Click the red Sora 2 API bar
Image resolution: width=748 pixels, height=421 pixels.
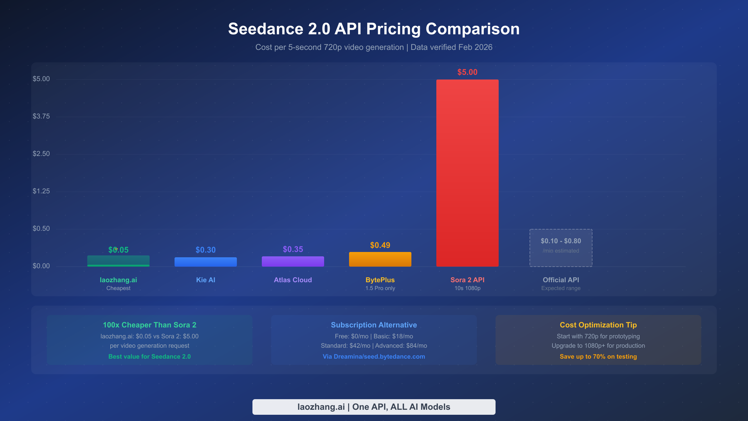pos(467,173)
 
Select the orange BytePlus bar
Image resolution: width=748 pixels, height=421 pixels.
pos(380,259)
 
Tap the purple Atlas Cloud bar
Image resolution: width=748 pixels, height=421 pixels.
pos(293,261)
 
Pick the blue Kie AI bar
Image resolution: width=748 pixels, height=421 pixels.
pos(205,262)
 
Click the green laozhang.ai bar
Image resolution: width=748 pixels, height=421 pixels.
pos(118,261)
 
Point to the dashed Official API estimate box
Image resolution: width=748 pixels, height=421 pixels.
pos(561,248)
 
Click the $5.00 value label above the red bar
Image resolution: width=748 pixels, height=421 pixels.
pos(467,72)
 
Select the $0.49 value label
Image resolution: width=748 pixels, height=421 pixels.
pos(380,245)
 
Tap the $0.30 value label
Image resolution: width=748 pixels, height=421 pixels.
pos(205,250)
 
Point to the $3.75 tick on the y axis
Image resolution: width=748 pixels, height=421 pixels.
pos(41,116)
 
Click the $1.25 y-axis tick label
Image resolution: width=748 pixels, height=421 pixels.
pos(41,191)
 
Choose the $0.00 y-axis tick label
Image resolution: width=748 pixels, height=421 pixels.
pos(41,266)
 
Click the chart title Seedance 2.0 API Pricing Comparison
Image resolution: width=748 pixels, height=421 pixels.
pos(374,29)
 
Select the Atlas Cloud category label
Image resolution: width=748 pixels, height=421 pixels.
pos(293,280)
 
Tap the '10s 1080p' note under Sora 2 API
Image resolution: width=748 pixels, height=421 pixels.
pos(467,288)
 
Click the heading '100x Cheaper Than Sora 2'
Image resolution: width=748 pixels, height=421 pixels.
pos(149,325)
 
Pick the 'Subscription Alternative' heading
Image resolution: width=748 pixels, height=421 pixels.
pos(374,325)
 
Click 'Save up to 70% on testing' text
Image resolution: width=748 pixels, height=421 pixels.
pos(598,356)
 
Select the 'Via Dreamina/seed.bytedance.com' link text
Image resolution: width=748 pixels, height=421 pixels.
pos(374,356)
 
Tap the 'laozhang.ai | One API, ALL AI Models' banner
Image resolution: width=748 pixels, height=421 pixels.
pos(374,407)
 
